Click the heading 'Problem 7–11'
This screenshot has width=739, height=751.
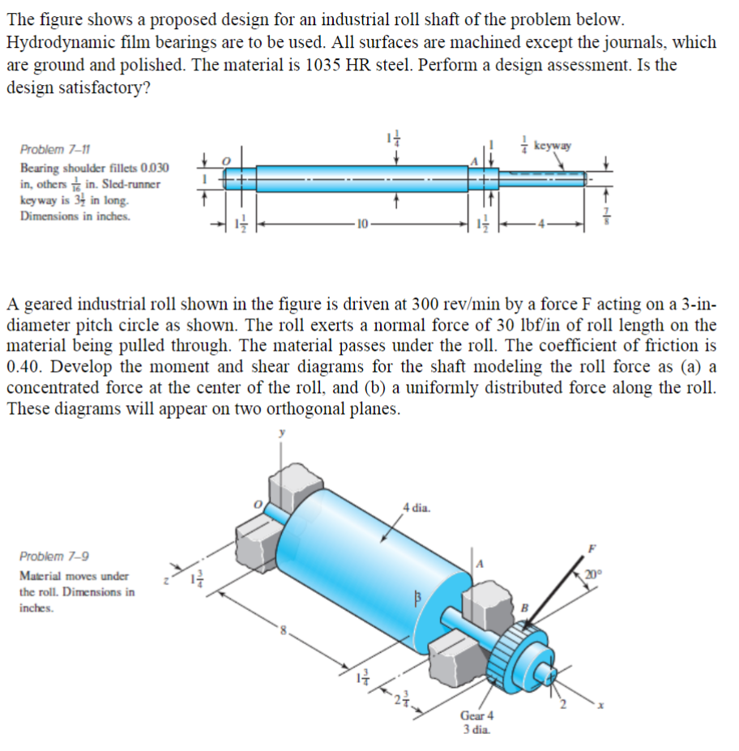[55, 149]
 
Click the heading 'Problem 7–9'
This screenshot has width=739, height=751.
[54, 557]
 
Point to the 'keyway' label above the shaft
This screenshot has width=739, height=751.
[554, 147]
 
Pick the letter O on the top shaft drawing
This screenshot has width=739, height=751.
[227, 161]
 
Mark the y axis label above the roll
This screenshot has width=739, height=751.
[283, 433]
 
